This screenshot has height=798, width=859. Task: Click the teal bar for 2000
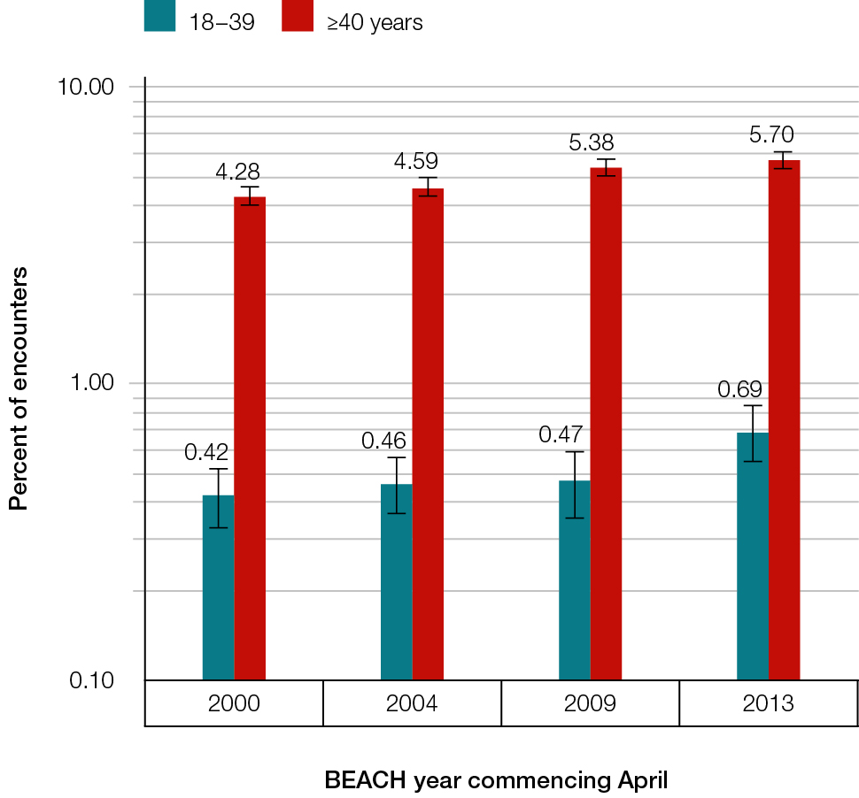[218, 587]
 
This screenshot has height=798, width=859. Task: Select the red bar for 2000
[250, 438]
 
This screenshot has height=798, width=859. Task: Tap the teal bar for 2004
[396, 581]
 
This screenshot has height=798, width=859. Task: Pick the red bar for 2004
[428, 434]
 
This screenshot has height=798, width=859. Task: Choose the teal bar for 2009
[575, 579]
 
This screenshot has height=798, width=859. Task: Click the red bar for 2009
[606, 423]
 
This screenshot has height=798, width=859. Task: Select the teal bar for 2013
[753, 556]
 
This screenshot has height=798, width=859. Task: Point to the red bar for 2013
[784, 419]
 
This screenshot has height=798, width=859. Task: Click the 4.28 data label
[238, 172]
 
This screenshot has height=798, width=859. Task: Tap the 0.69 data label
[740, 389]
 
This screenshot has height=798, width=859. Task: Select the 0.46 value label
[383, 440]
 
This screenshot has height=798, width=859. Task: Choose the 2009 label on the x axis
[590, 704]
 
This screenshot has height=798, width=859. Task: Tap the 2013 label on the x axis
[768, 704]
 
